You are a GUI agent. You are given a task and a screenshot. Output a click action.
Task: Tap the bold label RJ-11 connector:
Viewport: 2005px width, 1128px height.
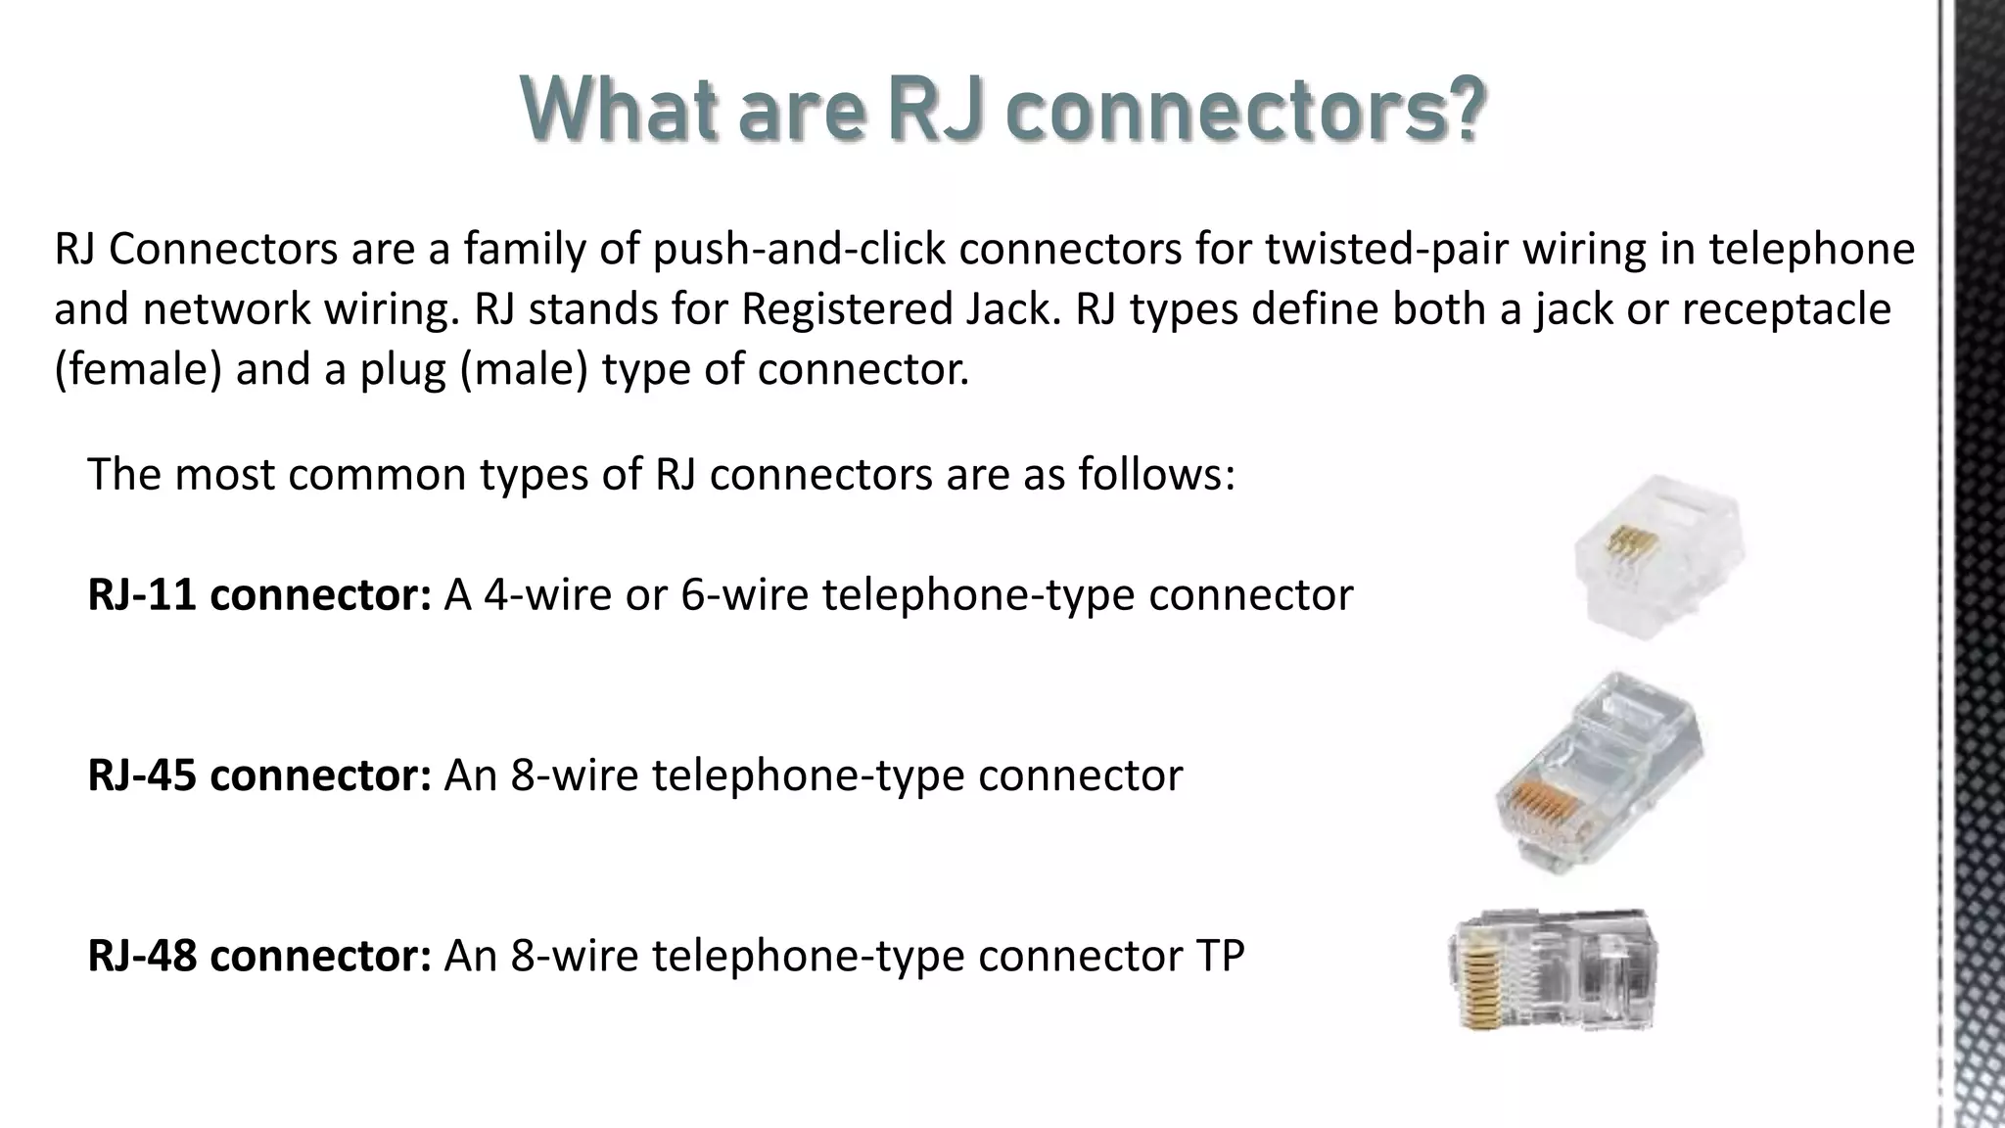pyautogui.click(x=259, y=594)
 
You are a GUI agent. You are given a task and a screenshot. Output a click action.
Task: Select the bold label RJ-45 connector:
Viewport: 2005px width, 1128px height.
pyautogui.click(x=259, y=775)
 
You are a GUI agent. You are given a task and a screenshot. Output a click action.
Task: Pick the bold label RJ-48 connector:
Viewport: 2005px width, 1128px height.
pyautogui.click(x=259, y=955)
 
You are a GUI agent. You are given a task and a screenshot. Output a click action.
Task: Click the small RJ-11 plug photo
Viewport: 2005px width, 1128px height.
pyautogui.click(x=1658, y=555)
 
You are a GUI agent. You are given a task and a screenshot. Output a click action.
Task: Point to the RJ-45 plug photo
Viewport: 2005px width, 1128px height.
pyautogui.click(x=1600, y=774)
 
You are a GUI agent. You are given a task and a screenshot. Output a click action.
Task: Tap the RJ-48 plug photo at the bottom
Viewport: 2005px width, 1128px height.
pyautogui.click(x=1553, y=970)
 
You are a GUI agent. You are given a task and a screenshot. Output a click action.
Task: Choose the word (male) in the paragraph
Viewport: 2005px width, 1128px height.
pyautogui.click(x=524, y=370)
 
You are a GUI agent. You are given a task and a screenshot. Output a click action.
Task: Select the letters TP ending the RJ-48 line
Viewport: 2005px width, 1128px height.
pyautogui.click(x=1218, y=955)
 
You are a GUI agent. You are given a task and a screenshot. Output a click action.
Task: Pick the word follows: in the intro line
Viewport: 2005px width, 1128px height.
pyautogui.click(x=1157, y=474)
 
